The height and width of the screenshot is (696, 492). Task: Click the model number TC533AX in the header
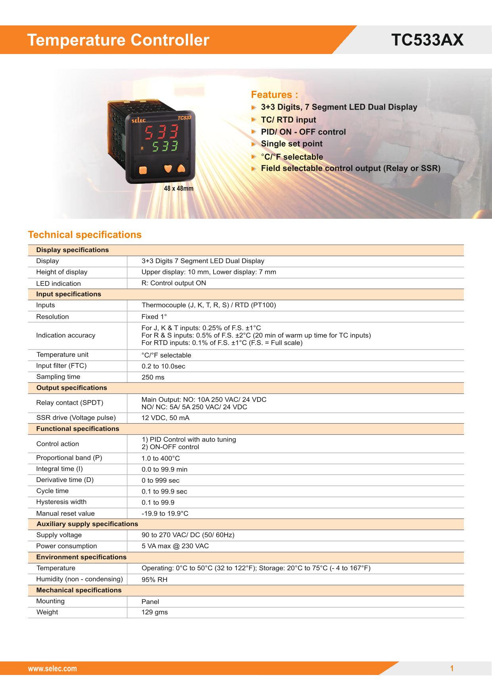(x=427, y=40)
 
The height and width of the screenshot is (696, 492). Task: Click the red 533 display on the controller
(x=161, y=132)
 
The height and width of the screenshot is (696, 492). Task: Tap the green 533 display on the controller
(x=165, y=147)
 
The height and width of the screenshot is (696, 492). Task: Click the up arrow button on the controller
(x=181, y=168)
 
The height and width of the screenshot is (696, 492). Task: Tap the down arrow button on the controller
(x=168, y=169)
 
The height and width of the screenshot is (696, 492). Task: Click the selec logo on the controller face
(x=138, y=120)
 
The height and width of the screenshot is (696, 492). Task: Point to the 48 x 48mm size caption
(x=179, y=189)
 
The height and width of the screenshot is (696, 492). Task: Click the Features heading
(x=274, y=94)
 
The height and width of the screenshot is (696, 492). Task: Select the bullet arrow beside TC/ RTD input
(x=254, y=120)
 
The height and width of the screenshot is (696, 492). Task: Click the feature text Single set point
(x=292, y=144)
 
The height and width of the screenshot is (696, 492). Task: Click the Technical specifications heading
(x=85, y=235)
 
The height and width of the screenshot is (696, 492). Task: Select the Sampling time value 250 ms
(x=153, y=377)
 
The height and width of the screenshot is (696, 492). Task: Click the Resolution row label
(x=52, y=316)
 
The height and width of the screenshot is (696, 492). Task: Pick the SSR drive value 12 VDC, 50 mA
(x=165, y=418)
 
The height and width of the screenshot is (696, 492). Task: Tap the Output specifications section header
(x=71, y=388)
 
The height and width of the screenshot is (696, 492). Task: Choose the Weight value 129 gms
(x=154, y=612)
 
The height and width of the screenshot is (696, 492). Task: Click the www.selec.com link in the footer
(x=52, y=669)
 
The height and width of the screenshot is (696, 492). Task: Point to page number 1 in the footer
(x=452, y=669)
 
